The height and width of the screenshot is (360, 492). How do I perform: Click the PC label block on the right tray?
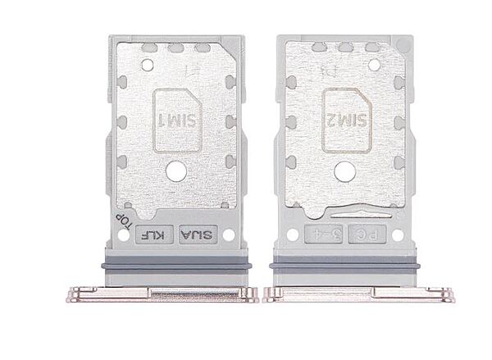click(362, 235)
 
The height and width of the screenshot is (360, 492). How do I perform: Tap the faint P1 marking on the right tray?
click(341, 72)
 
